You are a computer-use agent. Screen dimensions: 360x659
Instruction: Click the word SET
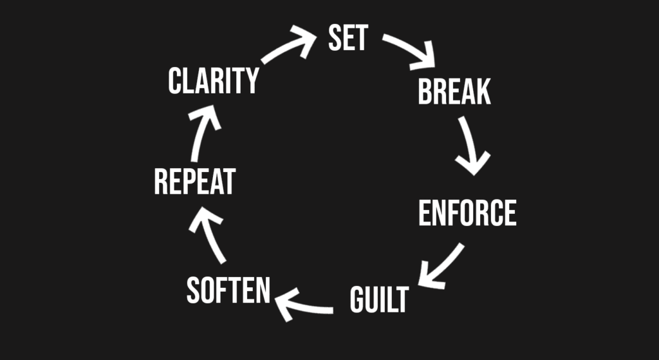click(x=348, y=38)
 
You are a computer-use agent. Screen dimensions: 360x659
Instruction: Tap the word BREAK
click(x=454, y=92)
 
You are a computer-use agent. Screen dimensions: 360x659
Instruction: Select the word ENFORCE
click(x=467, y=213)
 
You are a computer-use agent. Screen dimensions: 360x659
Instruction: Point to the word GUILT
click(x=379, y=300)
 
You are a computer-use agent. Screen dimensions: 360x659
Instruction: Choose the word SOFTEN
click(x=228, y=291)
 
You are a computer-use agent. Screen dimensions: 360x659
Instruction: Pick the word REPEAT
click(x=194, y=182)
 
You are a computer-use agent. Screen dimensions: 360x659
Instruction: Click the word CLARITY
click(x=213, y=82)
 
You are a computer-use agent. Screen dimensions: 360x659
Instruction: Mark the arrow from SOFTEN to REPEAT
click(x=210, y=236)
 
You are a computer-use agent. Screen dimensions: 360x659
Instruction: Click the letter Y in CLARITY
click(x=250, y=82)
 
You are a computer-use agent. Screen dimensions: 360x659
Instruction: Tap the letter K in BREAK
click(x=482, y=92)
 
